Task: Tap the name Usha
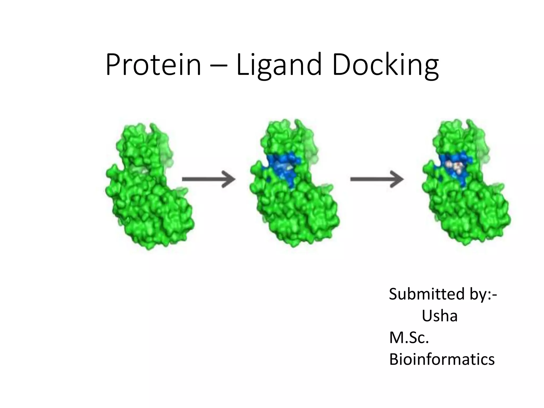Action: (x=440, y=316)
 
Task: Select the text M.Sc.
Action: (x=409, y=338)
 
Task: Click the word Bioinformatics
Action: (x=442, y=359)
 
